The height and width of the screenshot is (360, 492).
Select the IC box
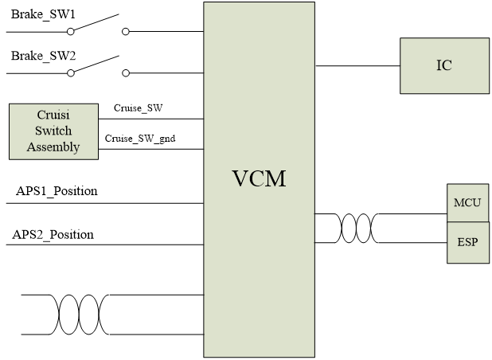tap(444, 65)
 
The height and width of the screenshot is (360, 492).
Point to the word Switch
tap(53, 131)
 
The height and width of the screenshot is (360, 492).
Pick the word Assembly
tap(53, 147)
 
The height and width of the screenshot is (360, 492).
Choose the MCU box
tap(467, 202)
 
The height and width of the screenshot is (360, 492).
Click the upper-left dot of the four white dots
tap(71, 32)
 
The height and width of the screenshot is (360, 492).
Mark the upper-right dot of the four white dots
tap(126, 32)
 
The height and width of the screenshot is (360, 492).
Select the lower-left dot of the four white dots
tap(71, 73)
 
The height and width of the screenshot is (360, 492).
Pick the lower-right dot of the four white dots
tap(126, 73)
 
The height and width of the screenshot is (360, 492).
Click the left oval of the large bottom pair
tap(69, 315)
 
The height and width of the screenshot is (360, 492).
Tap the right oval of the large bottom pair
tap(88, 315)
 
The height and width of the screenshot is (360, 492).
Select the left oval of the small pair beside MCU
tap(349, 229)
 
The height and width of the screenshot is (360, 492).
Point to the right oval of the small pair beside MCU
tap(364, 229)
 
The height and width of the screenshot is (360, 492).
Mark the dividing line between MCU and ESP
tap(467, 222)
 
